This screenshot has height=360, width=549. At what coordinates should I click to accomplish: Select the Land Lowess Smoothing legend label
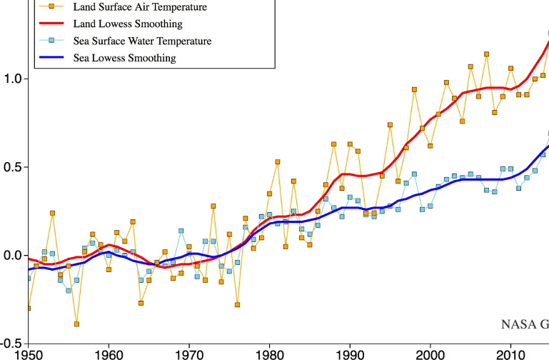pyautogui.click(x=126, y=24)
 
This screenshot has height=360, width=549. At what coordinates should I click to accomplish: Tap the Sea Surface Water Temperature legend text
pyautogui.click(x=143, y=41)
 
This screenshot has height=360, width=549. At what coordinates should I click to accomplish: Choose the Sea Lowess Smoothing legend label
pyautogui.click(x=124, y=57)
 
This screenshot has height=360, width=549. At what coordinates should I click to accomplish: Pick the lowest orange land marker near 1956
pyautogui.click(x=76, y=324)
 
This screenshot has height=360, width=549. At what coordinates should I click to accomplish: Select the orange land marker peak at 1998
pyautogui.click(x=414, y=89)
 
